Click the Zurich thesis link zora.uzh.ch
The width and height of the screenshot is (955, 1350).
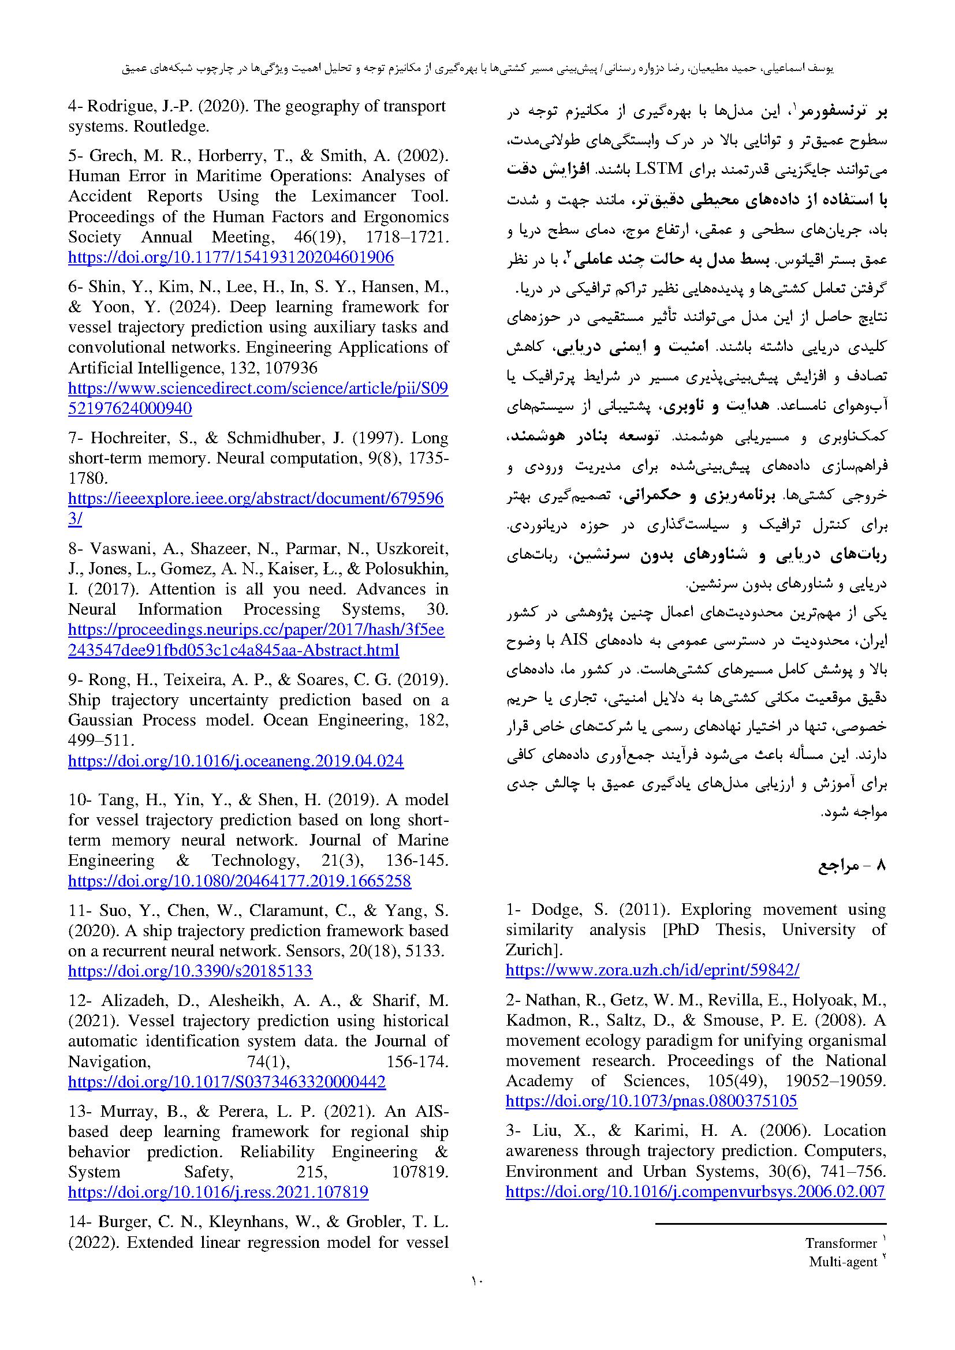[652, 970]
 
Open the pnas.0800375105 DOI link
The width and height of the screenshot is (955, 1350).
[651, 1101]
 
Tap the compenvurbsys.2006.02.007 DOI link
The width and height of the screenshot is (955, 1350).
[695, 1192]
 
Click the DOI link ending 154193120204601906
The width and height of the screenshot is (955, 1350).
[230, 257]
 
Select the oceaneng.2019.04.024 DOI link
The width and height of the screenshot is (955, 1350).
[236, 761]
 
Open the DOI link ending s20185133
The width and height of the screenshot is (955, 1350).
[190, 971]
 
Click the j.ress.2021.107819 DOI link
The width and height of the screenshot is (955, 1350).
[218, 1192]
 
